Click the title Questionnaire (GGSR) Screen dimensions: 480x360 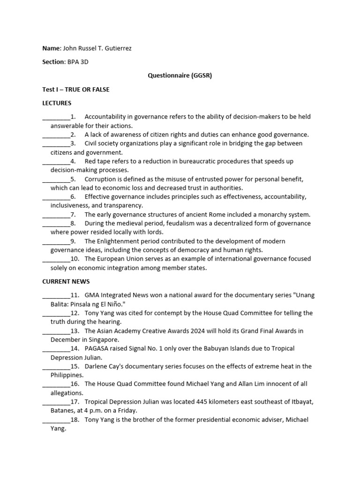coord(180,75)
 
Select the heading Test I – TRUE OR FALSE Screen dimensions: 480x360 coord(76,89)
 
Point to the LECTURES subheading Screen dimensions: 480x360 coord(57,103)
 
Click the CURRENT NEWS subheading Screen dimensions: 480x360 coord(66,281)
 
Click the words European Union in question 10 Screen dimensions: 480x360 coord(122,259)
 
